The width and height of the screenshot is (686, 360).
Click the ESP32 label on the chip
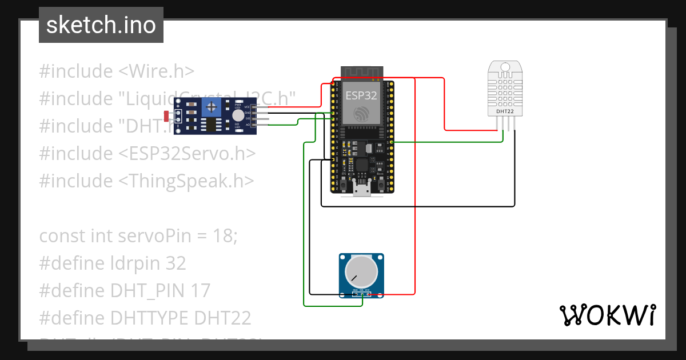point(361,95)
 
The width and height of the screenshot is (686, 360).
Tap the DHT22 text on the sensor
point(504,112)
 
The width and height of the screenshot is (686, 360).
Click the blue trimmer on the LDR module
point(213,106)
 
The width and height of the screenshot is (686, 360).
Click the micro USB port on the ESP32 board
point(361,189)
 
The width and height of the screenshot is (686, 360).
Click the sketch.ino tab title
point(101,25)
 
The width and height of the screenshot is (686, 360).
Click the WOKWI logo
point(607,315)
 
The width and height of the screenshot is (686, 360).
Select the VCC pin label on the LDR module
point(247,107)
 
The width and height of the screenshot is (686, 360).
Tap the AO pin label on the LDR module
point(247,124)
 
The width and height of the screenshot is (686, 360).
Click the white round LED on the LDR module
point(237,115)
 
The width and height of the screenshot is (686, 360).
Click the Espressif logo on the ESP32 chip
point(361,113)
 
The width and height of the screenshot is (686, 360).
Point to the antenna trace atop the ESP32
point(361,72)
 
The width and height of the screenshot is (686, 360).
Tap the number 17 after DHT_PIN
point(200,290)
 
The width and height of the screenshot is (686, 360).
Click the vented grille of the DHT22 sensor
point(504,89)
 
